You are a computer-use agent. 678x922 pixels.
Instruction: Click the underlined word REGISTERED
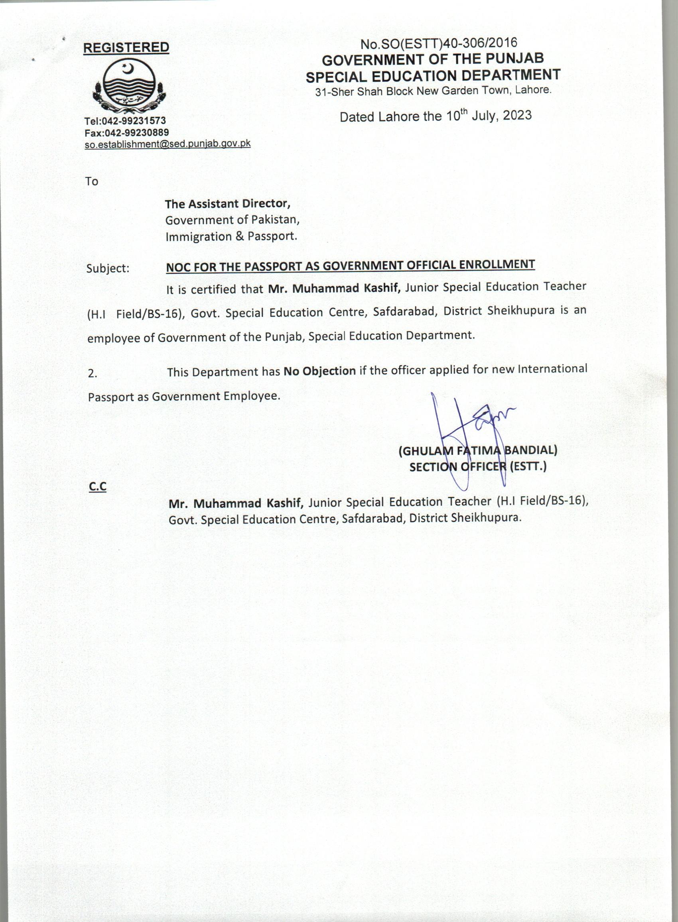coord(126,47)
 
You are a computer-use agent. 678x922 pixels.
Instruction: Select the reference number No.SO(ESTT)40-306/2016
coord(438,43)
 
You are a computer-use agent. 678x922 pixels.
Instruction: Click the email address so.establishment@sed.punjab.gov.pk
coord(168,144)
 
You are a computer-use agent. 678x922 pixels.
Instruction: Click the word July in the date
coord(485,116)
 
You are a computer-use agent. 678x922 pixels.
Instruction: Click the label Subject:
coord(108,268)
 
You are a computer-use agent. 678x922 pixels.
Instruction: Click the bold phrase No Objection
coord(320,371)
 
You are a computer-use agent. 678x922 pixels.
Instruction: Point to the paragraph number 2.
coord(93,374)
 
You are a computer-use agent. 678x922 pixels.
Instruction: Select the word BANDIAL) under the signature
coord(530,450)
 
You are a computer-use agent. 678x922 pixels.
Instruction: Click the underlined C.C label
coord(98,486)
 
